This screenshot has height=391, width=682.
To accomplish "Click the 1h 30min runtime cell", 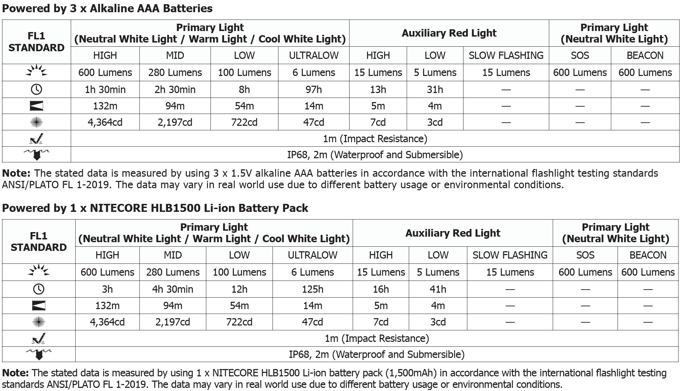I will [105, 90].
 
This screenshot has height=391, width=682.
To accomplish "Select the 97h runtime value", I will [314, 90].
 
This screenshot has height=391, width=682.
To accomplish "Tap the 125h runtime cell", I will [313, 289].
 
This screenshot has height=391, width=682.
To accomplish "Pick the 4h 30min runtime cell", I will [173, 289].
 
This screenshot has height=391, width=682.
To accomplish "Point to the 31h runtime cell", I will [435, 90].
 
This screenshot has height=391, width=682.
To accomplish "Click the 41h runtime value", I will [438, 289].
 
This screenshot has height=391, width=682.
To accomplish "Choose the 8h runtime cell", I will [244, 90].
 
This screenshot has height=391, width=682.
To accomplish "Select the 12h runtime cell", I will [239, 289].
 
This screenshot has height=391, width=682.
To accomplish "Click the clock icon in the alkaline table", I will [37, 90].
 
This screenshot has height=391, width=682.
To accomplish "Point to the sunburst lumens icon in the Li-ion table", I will [39, 271].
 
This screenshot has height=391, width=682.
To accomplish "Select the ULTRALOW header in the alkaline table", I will [314, 55].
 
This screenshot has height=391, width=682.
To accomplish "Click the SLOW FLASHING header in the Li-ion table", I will [510, 255].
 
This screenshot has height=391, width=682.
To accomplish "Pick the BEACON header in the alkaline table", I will [645, 55].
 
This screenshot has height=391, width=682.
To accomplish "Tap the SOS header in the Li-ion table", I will [585, 255].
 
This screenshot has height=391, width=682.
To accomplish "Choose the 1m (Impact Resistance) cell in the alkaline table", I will [375, 139].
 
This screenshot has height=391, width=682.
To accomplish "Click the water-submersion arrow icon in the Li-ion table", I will [39, 354].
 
